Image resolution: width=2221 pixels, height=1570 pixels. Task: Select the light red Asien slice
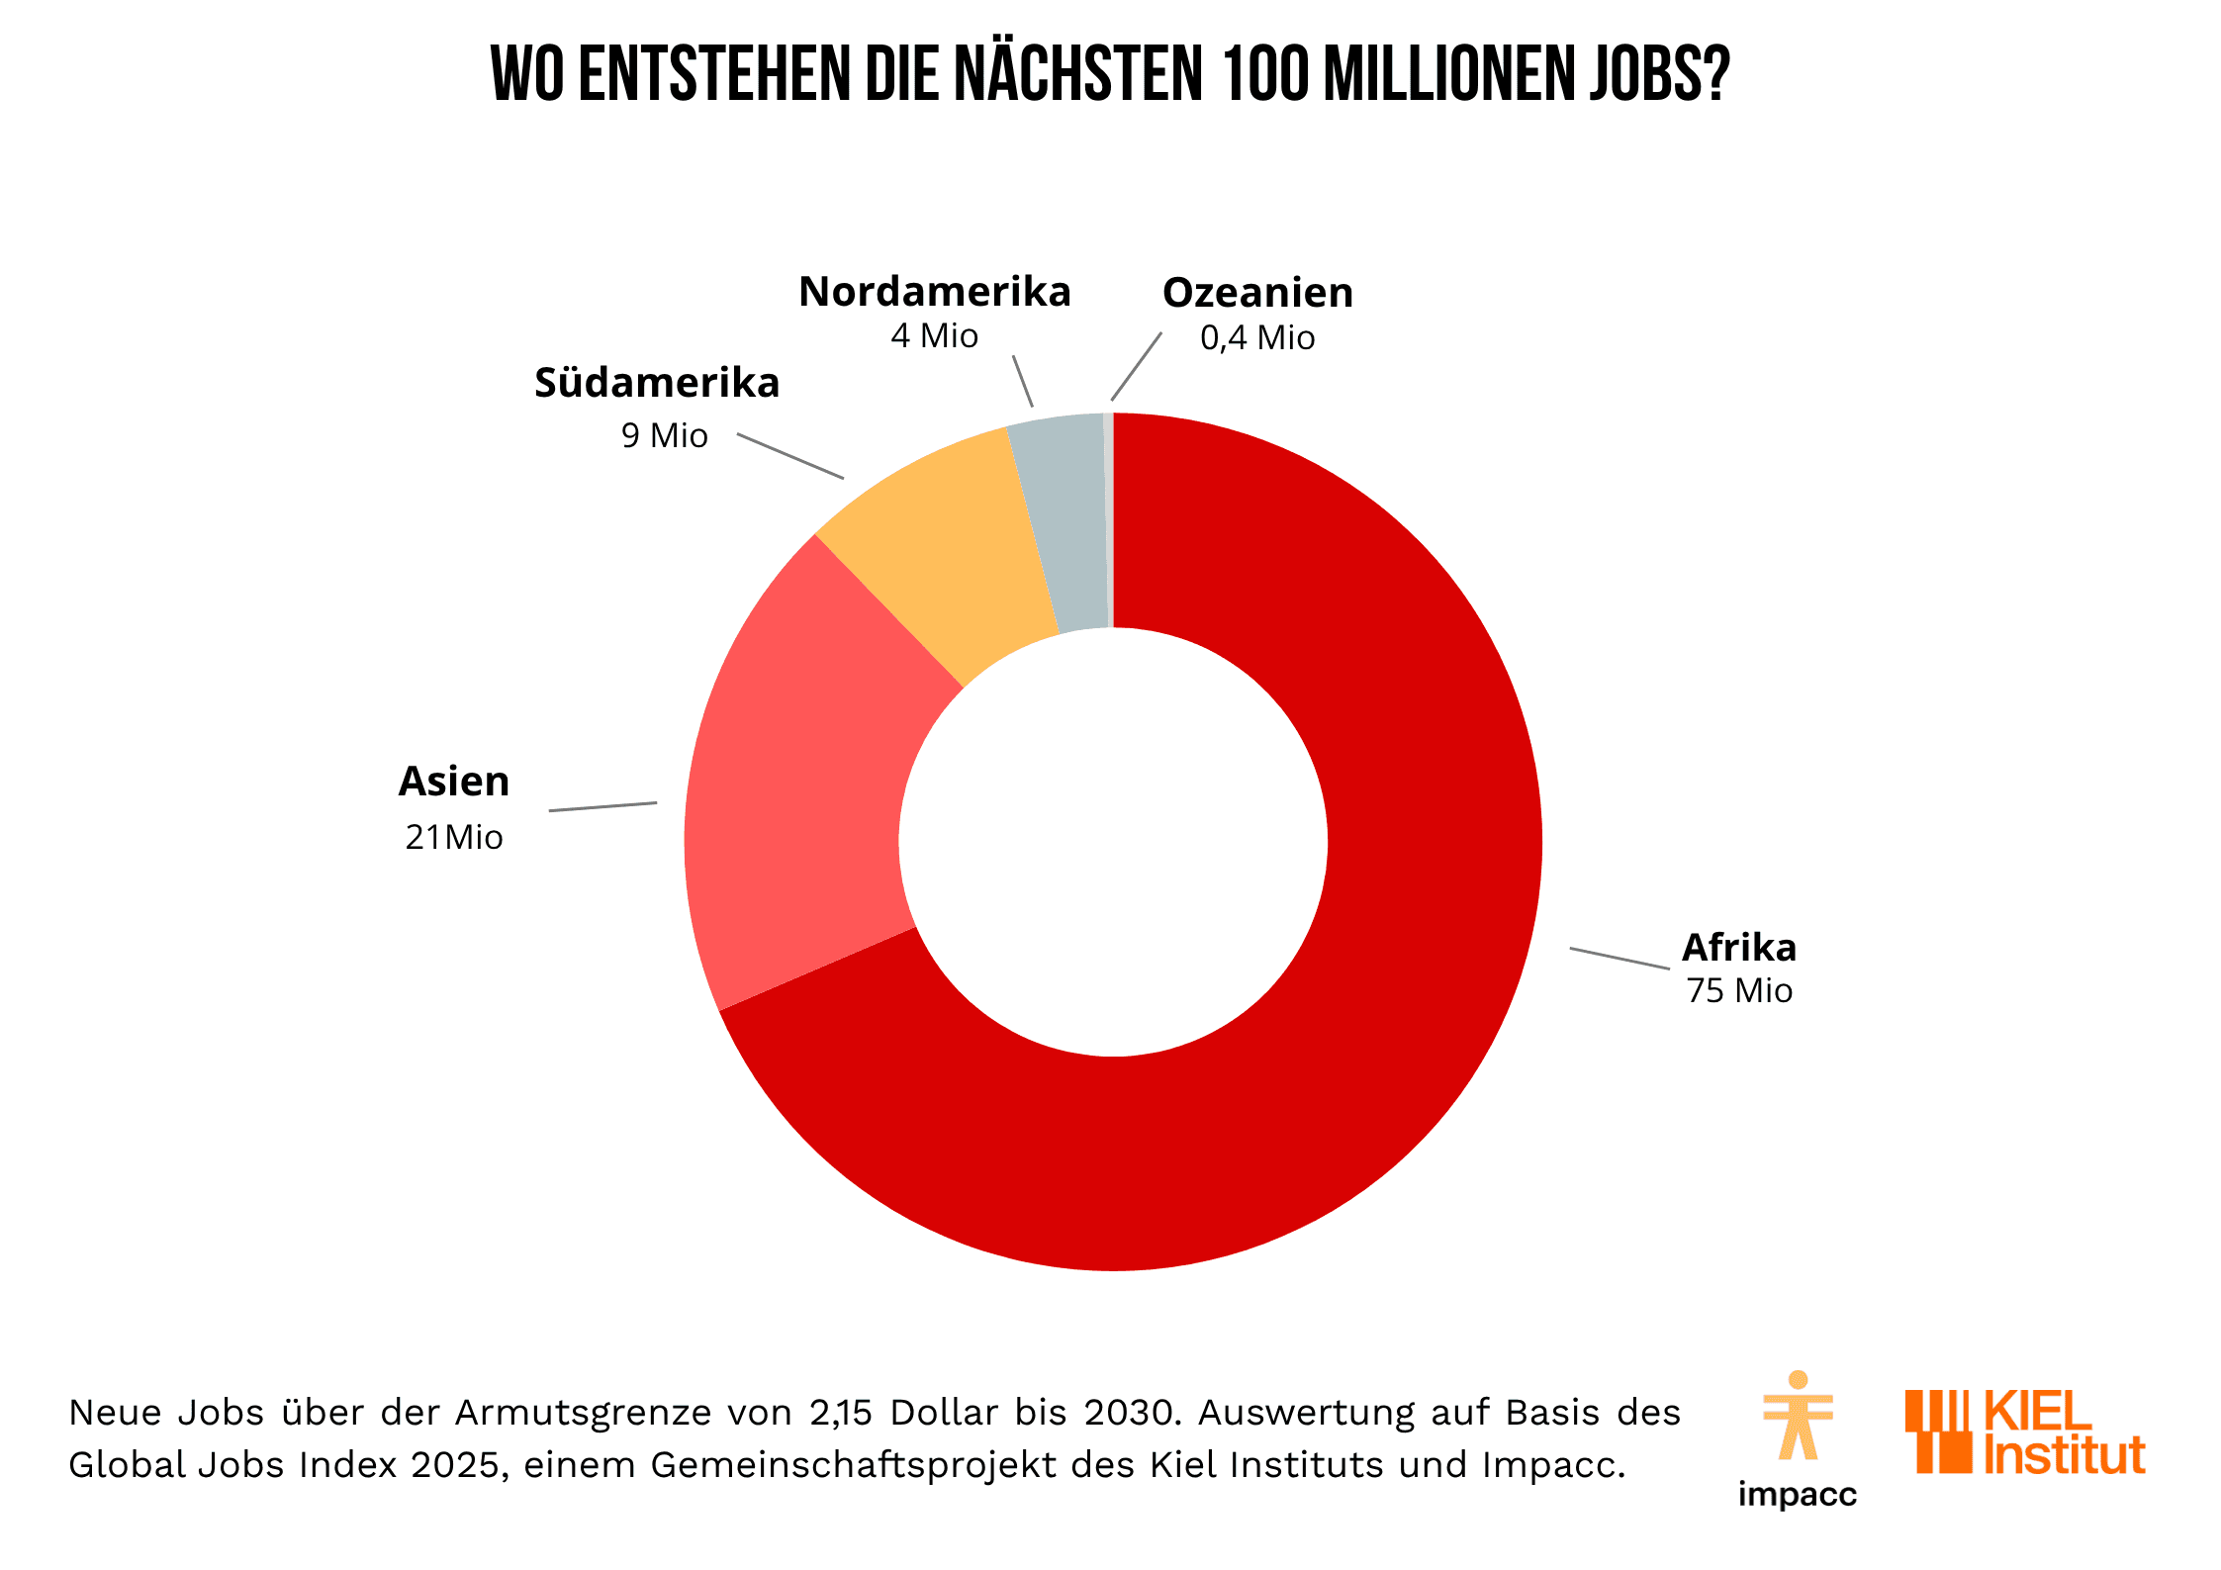click(801, 791)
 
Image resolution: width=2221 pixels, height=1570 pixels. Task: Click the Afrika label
click(1739, 948)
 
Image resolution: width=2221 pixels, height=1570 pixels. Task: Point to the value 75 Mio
click(1739, 990)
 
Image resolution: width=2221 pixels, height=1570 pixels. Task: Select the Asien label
click(454, 782)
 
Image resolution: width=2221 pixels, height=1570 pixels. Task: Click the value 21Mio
click(454, 837)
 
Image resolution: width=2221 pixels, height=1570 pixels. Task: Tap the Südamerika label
click(657, 383)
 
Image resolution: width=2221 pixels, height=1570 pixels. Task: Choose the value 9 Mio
click(665, 435)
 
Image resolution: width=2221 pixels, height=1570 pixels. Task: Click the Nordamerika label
click(935, 292)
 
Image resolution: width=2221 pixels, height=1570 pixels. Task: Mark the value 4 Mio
click(934, 336)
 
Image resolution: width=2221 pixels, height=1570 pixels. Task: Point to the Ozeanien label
click(1257, 293)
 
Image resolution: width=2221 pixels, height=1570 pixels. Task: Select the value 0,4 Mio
click(1257, 338)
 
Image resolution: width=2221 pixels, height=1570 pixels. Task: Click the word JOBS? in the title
click(1660, 74)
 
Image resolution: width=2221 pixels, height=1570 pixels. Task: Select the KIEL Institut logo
click(2024, 1431)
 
